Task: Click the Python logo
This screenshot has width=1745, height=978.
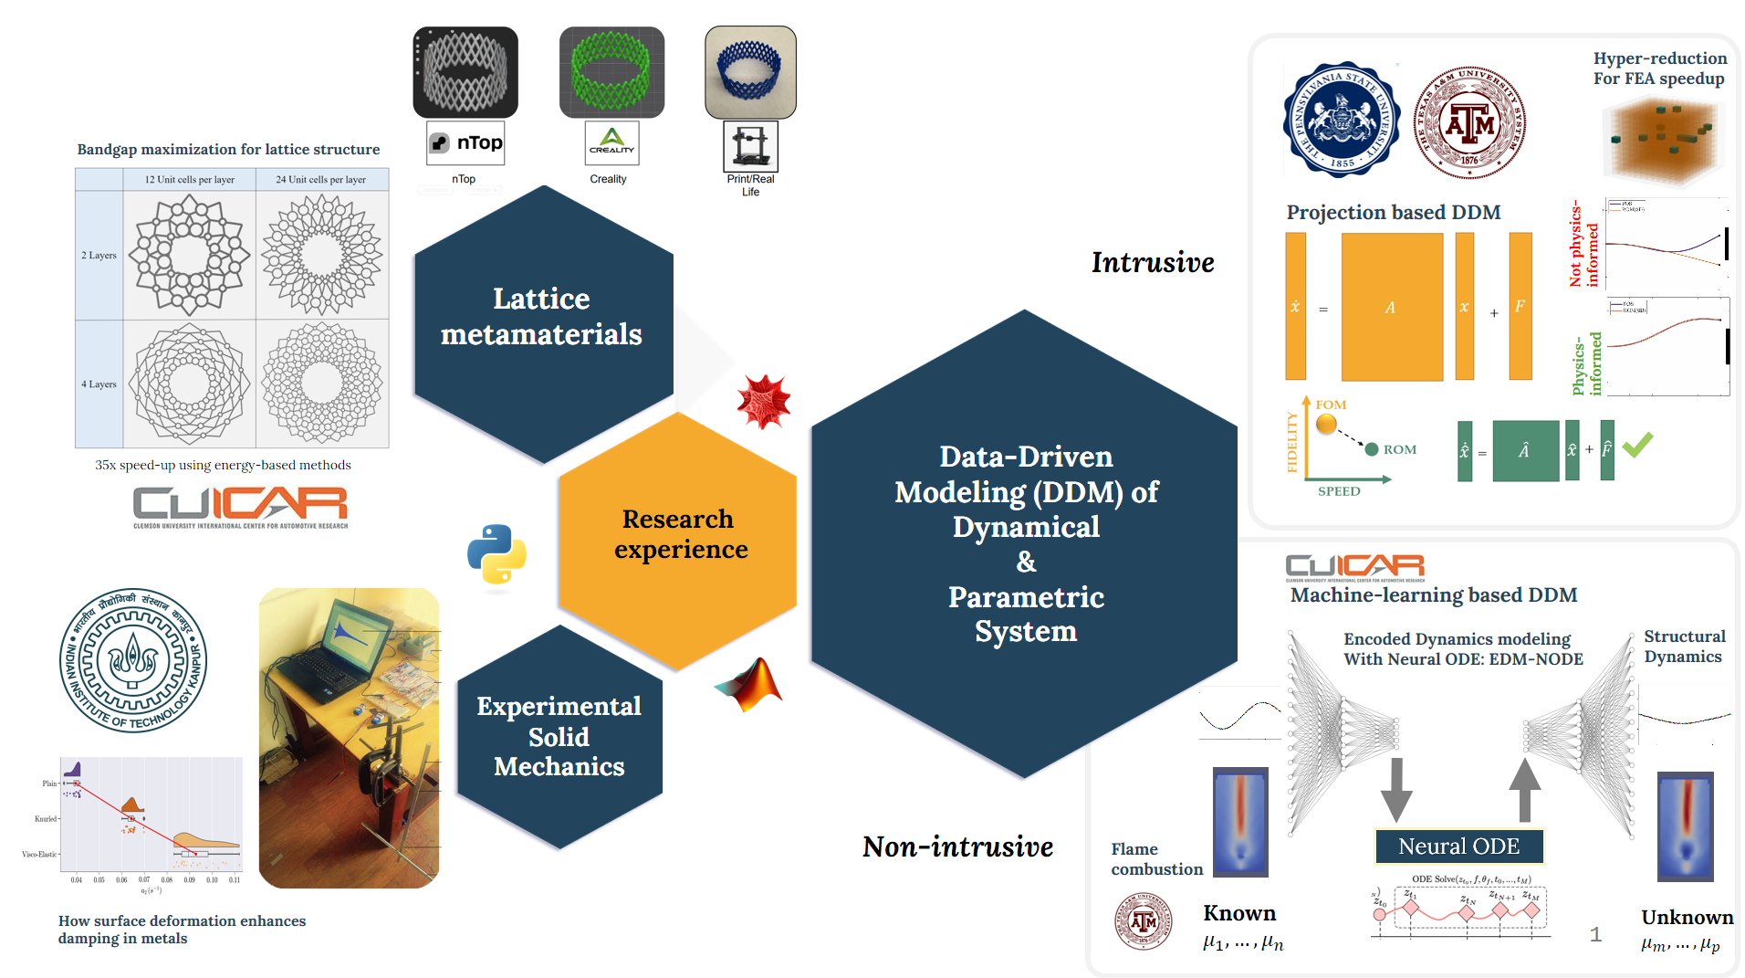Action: [x=496, y=553]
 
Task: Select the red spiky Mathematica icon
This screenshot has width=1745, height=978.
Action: [x=764, y=401]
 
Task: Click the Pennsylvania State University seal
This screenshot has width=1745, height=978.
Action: [x=1341, y=120]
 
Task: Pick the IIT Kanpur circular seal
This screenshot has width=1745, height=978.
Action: [x=133, y=660]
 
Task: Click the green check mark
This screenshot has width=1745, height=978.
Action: [x=1637, y=445]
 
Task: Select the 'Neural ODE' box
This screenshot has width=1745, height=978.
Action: [x=1458, y=847]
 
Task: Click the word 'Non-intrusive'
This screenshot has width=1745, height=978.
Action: [x=957, y=847]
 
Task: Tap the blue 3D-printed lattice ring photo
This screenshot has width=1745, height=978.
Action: [x=750, y=72]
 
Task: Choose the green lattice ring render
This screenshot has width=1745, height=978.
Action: [x=611, y=72]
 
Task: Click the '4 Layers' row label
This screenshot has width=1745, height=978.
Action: [x=99, y=384]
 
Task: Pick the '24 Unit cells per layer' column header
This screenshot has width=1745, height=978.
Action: [x=321, y=180]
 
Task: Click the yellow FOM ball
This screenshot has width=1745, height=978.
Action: [x=1326, y=424]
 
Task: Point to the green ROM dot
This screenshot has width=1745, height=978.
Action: [x=1371, y=449]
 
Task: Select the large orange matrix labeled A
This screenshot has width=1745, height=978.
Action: [x=1392, y=307]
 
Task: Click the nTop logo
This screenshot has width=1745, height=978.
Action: [x=465, y=143]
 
